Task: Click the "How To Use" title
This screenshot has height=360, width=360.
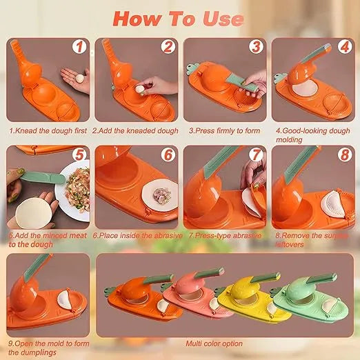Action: tap(177, 19)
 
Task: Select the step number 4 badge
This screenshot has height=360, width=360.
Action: tap(343, 48)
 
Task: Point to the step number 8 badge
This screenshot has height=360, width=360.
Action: tap(343, 156)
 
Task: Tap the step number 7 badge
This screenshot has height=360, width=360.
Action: tap(254, 156)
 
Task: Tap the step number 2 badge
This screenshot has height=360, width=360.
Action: tap(167, 48)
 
